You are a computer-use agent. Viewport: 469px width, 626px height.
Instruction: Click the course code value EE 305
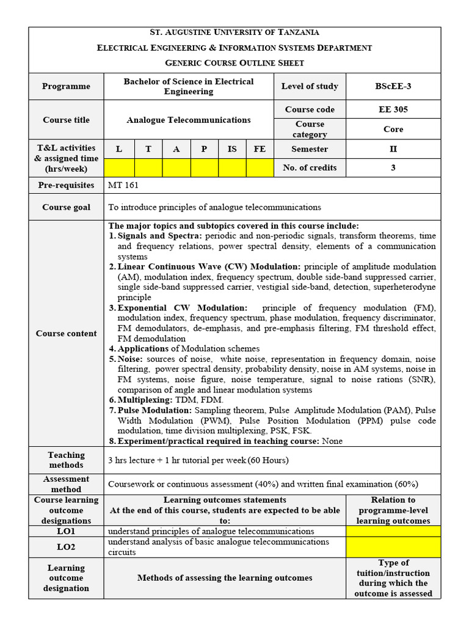[393, 109]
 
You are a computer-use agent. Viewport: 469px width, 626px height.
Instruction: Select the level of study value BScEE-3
[393, 86]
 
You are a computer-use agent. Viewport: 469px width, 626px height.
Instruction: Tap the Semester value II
[393, 149]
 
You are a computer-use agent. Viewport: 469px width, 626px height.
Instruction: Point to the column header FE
[260, 149]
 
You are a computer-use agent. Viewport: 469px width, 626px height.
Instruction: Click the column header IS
[232, 149]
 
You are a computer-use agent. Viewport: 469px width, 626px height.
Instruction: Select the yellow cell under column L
[119, 168]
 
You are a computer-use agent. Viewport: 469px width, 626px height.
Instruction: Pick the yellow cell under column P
[205, 168]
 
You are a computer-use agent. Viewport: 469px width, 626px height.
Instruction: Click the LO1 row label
[66, 531]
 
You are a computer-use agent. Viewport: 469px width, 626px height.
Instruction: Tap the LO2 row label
[66, 547]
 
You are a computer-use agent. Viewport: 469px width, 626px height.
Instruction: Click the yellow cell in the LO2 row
[393, 547]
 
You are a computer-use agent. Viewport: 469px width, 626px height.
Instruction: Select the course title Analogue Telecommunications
[189, 120]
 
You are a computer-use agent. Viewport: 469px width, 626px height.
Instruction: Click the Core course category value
[393, 129]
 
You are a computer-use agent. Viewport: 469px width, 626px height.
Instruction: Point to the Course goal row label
[66, 207]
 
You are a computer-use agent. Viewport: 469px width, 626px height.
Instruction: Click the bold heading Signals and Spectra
[160, 236]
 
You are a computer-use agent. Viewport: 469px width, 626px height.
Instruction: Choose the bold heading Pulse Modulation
[155, 410]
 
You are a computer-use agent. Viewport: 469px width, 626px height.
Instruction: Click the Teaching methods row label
[66, 460]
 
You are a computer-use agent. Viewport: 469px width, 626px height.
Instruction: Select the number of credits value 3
[393, 168]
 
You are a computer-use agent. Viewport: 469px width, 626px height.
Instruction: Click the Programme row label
[66, 86]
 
